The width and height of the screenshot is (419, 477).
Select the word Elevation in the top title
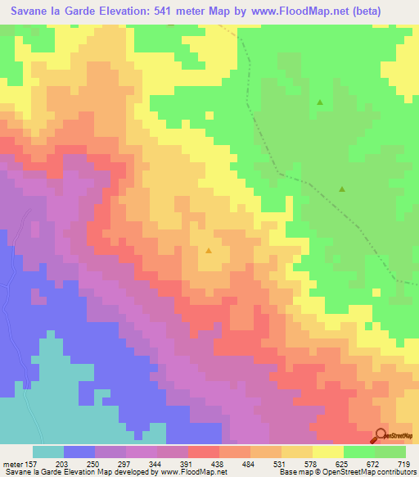click(109, 11)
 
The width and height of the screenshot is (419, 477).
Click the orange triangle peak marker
click(209, 251)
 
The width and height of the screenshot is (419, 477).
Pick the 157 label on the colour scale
click(30, 464)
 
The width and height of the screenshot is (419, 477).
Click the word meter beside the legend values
click(11, 464)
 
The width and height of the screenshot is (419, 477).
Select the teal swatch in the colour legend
click(48, 452)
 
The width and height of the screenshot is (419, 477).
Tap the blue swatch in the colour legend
click(79, 452)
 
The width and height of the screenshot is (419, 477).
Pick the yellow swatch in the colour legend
click(328, 452)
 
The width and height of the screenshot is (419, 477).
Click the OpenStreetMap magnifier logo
click(382, 436)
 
